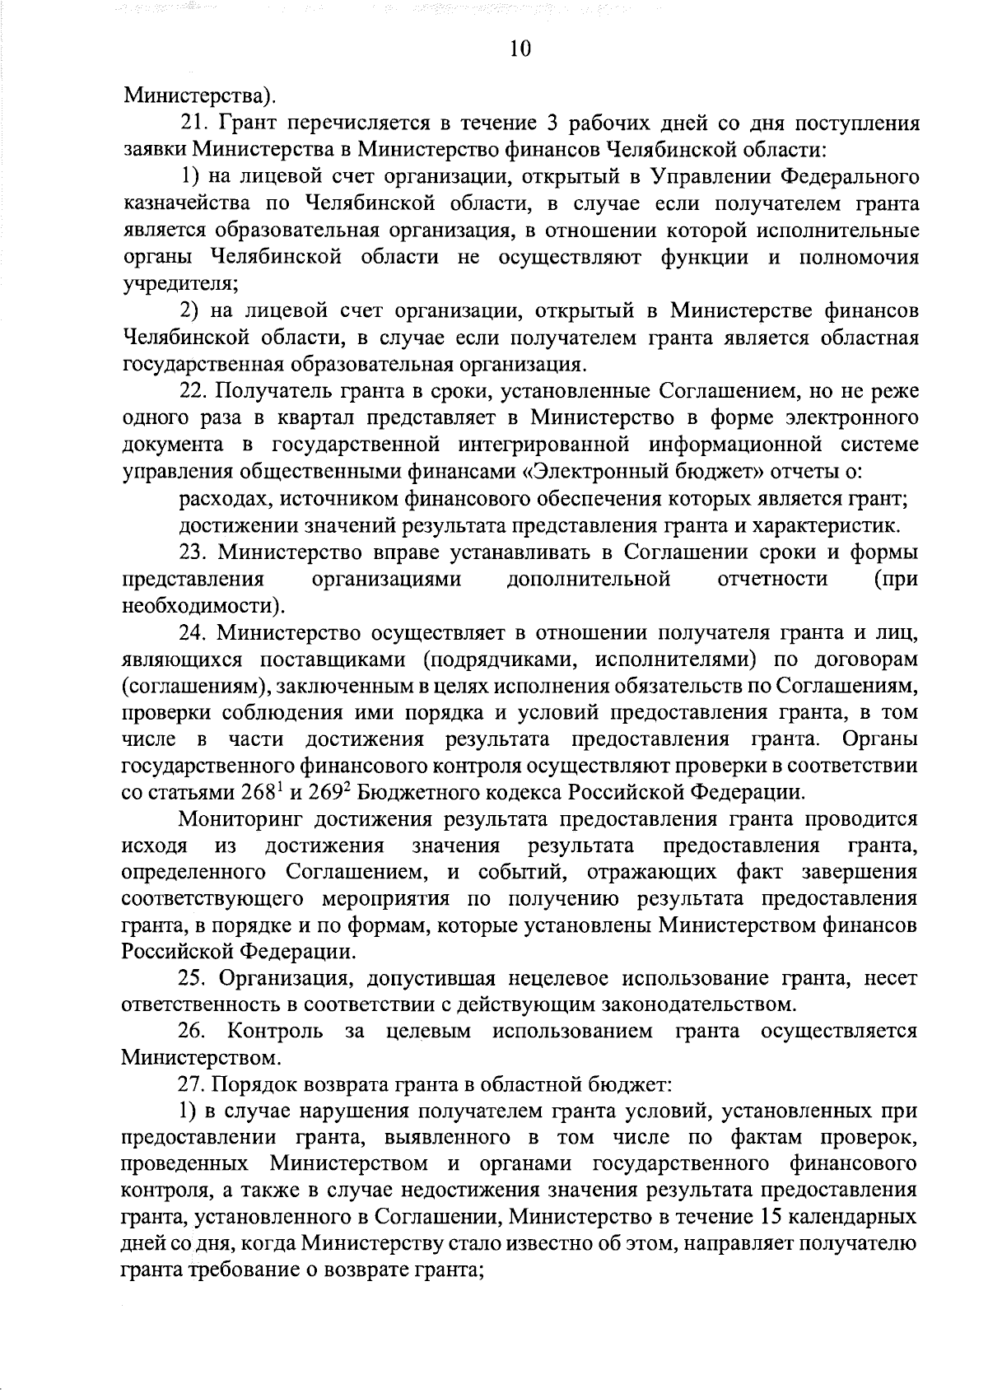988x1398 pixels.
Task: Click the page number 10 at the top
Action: click(520, 49)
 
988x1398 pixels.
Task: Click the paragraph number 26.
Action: click(193, 1032)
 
